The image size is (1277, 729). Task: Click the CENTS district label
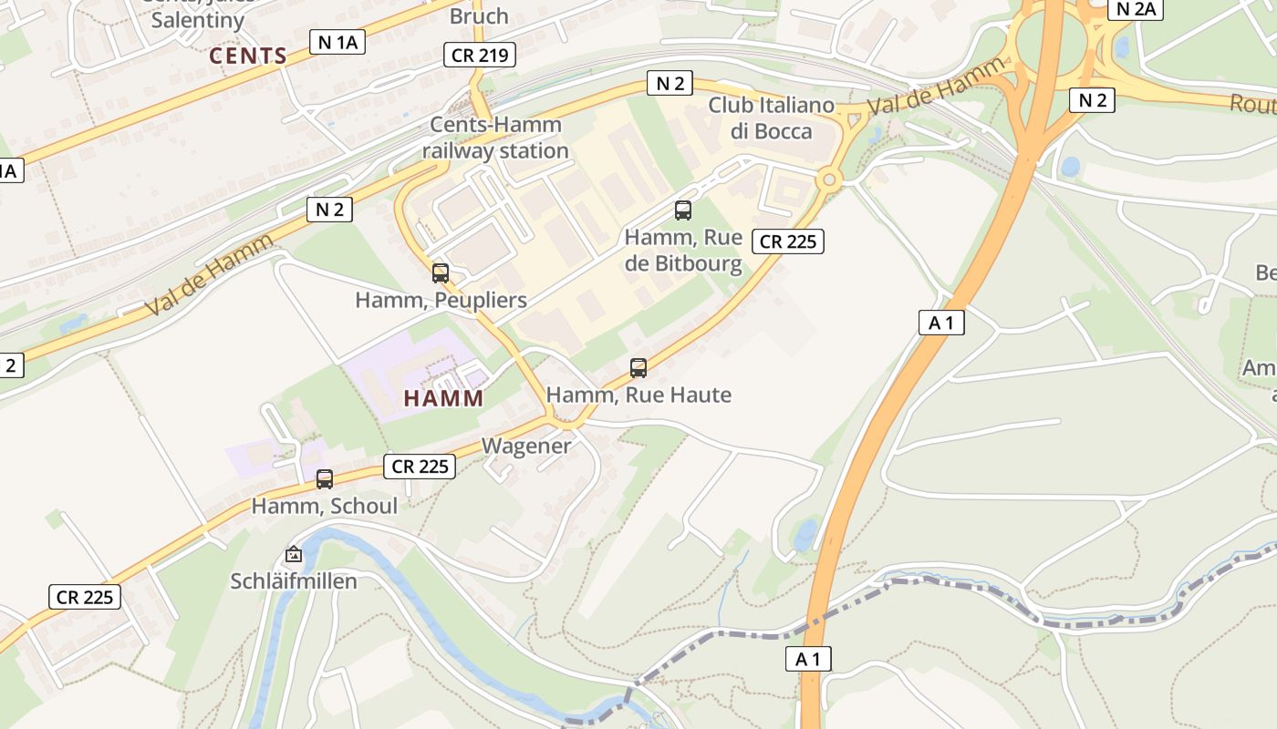coord(248,56)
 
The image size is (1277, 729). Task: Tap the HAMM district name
coord(443,398)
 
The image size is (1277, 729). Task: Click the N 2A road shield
coord(1136,9)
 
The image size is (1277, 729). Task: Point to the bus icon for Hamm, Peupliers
coord(441,272)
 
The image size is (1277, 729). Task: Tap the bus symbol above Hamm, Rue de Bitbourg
coord(682,210)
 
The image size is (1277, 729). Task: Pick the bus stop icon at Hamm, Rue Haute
coord(638,368)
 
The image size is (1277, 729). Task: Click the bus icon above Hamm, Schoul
coord(325,478)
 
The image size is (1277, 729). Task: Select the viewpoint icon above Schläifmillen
coord(294,553)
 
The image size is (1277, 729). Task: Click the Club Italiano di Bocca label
coord(772,118)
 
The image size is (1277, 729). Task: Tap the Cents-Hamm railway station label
coord(496,138)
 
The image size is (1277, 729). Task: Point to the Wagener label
coord(526,446)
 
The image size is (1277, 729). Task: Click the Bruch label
coord(479,15)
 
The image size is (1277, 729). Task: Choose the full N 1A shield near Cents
coord(337,41)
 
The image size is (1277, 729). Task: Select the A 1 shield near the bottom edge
coord(808,659)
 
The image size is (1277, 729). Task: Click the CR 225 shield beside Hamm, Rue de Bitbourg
coord(788,241)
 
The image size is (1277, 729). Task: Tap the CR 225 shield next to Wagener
coord(419,467)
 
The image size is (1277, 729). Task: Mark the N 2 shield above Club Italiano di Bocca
coord(670,83)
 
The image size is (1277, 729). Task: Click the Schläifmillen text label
coord(294,580)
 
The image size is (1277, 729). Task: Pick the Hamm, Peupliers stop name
coord(441,300)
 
